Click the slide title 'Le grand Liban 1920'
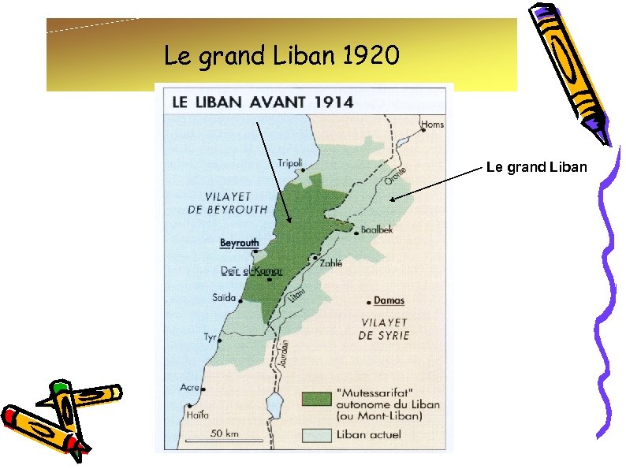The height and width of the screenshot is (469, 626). [x=281, y=56]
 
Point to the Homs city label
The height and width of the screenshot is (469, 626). [x=432, y=125]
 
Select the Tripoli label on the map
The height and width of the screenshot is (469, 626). [x=290, y=163]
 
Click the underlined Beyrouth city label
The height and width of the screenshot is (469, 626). [x=239, y=243]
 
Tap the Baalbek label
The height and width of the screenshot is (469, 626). [x=376, y=229]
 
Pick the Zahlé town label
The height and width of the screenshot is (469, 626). [x=331, y=263]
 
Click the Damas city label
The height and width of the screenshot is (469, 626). [x=389, y=300]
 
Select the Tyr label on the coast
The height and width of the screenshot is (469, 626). [x=210, y=337]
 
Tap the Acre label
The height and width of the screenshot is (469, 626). [x=190, y=387]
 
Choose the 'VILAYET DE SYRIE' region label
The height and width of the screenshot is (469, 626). [x=384, y=329]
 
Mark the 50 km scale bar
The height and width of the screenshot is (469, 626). [x=225, y=438]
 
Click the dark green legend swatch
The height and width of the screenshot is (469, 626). [x=315, y=400]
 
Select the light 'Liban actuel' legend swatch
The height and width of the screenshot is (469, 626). [x=315, y=434]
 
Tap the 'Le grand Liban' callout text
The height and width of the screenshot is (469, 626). [x=536, y=167]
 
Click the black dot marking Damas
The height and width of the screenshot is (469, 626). [x=369, y=302]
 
